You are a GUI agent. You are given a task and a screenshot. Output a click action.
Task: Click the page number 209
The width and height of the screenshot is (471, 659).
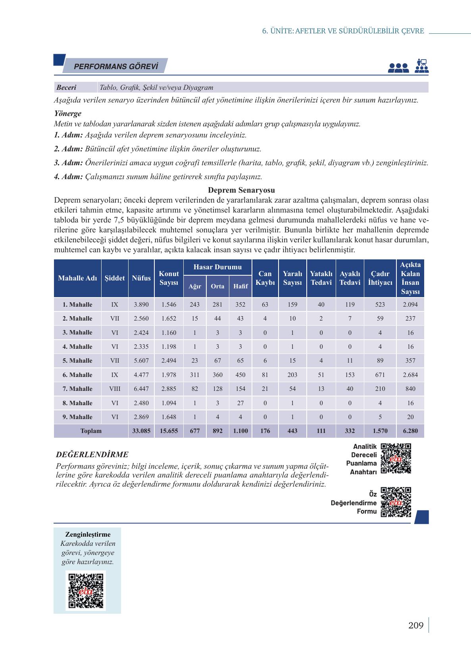click(415, 626)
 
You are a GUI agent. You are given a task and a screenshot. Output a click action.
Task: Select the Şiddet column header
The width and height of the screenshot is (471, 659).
click(115, 278)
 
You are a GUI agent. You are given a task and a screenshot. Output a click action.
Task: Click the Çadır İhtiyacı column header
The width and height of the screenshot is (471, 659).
click(380, 278)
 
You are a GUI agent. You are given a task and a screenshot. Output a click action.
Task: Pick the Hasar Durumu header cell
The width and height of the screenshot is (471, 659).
click(217, 267)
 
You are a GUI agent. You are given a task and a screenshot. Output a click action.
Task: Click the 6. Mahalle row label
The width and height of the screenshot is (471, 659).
click(77, 375)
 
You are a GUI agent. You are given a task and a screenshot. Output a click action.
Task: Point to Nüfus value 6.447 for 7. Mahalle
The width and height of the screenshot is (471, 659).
click(141, 389)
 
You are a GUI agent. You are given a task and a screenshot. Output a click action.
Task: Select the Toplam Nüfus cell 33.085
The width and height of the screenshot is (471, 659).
click(141, 431)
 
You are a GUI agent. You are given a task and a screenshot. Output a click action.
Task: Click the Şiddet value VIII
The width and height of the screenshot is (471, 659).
click(115, 389)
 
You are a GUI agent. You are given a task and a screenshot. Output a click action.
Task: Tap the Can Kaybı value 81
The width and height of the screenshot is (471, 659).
click(265, 375)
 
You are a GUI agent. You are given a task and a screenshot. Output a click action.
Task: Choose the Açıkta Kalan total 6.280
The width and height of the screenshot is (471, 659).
click(410, 431)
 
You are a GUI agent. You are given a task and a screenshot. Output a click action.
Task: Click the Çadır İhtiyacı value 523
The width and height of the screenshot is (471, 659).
click(380, 305)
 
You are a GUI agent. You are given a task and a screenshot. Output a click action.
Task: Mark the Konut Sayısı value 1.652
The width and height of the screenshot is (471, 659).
click(169, 319)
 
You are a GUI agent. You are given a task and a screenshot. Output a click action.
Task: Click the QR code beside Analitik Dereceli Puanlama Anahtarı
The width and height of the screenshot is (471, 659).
click(396, 458)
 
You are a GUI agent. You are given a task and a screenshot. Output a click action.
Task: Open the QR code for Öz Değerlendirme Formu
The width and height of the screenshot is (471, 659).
click(396, 502)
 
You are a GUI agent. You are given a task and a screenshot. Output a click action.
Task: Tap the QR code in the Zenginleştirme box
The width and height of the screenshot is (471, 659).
click(86, 590)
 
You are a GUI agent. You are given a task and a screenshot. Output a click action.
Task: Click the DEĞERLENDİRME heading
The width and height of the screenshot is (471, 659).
click(92, 454)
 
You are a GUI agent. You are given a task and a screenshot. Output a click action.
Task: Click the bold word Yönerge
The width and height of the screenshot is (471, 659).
click(68, 113)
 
